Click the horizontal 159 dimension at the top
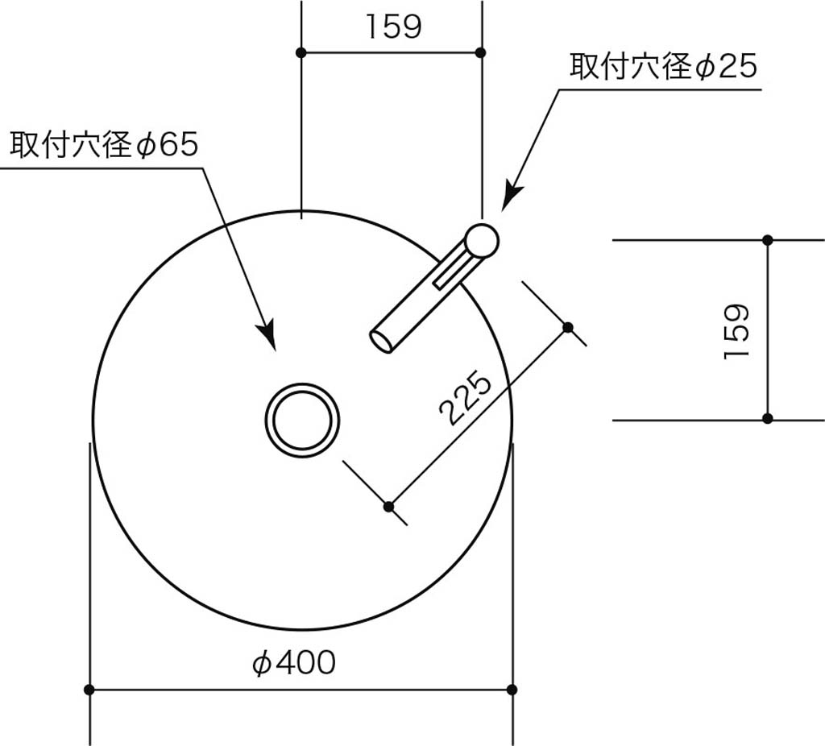(x=393, y=27)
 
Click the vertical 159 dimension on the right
(x=736, y=330)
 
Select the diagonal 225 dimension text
(x=466, y=398)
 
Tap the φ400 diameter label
(x=293, y=663)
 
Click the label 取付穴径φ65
(x=103, y=145)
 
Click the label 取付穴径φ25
(x=664, y=66)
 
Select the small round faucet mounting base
(x=482, y=240)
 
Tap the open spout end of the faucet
(x=381, y=340)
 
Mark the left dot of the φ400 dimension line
(x=89, y=690)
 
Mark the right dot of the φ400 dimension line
(x=512, y=690)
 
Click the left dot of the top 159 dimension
(x=301, y=52)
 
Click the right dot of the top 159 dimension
(x=481, y=52)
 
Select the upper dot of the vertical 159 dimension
(x=768, y=240)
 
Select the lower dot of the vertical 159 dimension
(x=768, y=418)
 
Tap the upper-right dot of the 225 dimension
(x=568, y=327)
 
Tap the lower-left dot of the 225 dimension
(x=388, y=506)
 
